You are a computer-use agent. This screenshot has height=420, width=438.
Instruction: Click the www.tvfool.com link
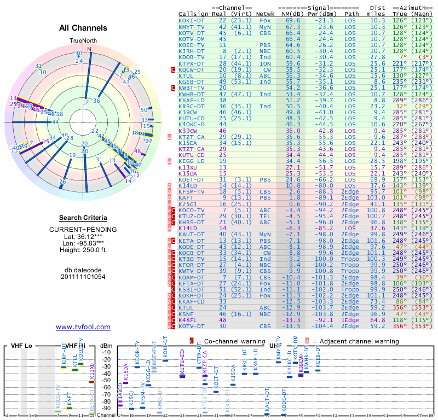click(x=83, y=327)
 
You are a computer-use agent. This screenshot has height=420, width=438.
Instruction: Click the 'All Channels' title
click(x=83, y=28)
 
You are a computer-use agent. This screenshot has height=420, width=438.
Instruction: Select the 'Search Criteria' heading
click(x=83, y=218)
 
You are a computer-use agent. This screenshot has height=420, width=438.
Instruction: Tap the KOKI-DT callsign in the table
click(x=192, y=20)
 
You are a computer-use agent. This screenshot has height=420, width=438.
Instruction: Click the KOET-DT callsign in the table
click(x=192, y=179)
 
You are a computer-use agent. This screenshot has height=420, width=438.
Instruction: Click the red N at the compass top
click(x=89, y=49)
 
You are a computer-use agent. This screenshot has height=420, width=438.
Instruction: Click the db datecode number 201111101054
click(x=83, y=277)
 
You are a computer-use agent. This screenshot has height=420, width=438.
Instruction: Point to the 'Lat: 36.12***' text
click(x=83, y=236)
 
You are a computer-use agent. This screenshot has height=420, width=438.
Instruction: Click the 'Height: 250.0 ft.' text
click(x=83, y=250)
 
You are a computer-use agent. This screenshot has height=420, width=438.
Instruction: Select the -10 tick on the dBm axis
click(x=106, y=352)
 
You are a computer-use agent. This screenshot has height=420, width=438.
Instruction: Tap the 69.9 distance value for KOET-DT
click(x=378, y=179)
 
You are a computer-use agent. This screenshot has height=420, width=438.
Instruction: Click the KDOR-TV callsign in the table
click(x=192, y=57)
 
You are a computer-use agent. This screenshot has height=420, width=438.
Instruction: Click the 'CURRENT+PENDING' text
click(x=83, y=229)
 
